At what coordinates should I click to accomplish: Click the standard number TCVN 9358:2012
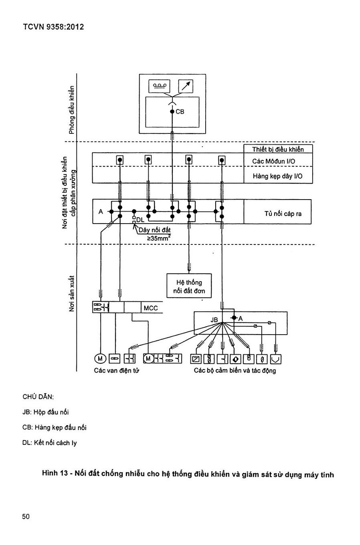tap(53, 27)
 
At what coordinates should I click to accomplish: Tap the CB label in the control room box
tap(180, 112)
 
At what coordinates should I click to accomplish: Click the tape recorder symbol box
tap(159, 86)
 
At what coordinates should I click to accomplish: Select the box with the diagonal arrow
tap(186, 86)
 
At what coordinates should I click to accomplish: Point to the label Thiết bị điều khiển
tap(278, 149)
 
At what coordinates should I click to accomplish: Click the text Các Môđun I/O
tap(273, 161)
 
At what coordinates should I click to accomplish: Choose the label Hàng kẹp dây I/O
tap(277, 176)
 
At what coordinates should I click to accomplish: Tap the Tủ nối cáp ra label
tap(283, 214)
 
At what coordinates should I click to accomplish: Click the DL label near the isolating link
tap(140, 220)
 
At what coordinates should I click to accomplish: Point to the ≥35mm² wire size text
tap(158, 238)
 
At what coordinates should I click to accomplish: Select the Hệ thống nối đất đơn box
tap(189, 286)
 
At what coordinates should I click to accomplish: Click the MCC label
tap(151, 308)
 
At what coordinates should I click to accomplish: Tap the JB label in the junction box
tap(214, 320)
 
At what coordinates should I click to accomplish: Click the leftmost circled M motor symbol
tap(100, 359)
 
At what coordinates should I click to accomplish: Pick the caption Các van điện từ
tap(117, 371)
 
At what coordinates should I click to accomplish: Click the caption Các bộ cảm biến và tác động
tap(235, 371)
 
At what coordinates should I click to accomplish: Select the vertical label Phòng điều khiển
tap(71, 110)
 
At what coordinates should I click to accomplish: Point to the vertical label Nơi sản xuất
tap(71, 293)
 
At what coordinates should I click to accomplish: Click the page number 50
tap(26, 517)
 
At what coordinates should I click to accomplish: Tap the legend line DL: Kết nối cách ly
tap(49, 443)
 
